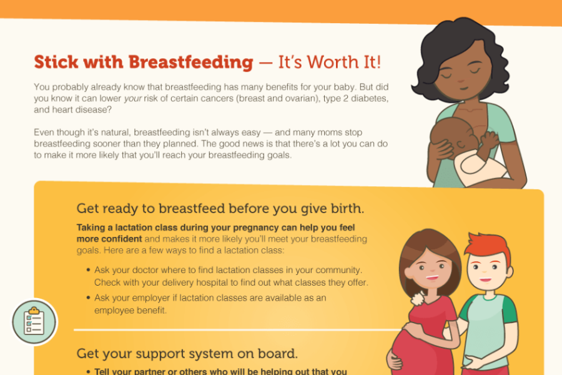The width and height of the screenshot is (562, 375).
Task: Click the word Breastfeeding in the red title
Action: coord(190,62)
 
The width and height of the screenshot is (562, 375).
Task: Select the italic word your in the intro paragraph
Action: coord(133,99)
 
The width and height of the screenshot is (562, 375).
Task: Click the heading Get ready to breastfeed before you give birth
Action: coord(220,209)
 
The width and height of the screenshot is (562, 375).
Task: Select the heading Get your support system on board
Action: coord(187,354)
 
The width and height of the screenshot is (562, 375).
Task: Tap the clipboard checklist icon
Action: coord(34,321)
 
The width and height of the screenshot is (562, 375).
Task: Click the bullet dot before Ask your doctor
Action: coord(88,269)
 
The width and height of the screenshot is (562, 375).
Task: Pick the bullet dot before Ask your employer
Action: coord(88,297)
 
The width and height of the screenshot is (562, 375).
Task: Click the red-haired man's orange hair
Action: coord(488,247)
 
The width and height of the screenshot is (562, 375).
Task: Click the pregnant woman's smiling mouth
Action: coord(432,277)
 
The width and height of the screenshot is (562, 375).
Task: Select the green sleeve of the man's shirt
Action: coord(509,309)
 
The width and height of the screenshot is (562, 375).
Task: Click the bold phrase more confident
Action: coord(109,239)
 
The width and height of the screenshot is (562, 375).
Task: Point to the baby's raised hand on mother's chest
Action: coord(489,139)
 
